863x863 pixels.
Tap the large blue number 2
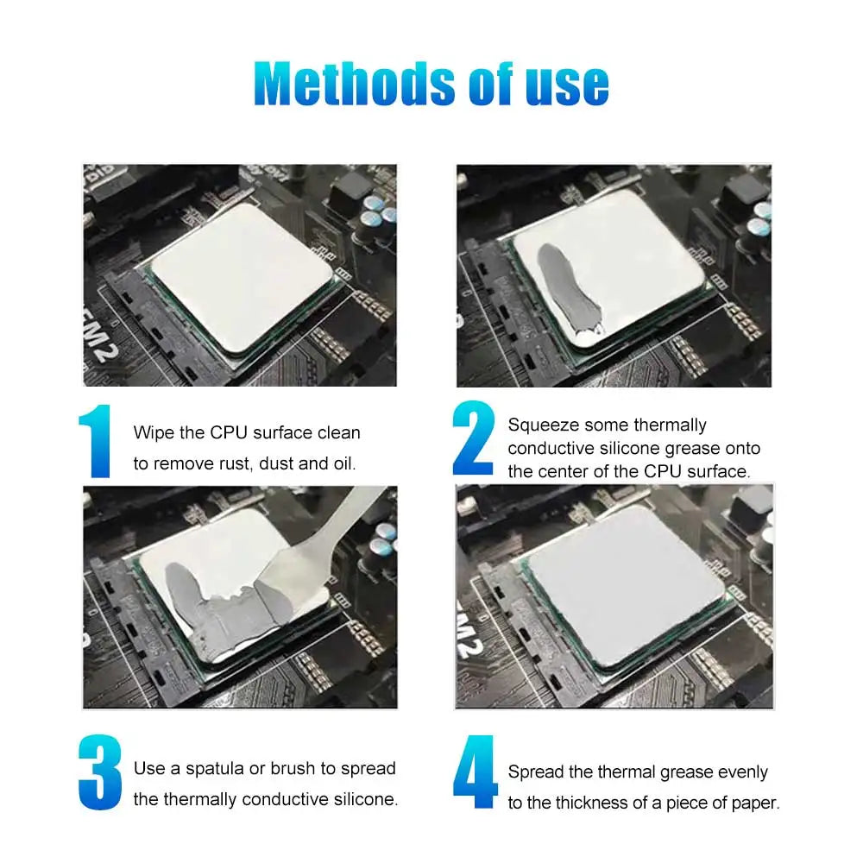[x=474, y=438]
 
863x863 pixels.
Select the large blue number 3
[x=99, y=773]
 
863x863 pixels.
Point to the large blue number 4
[x=476, y=773]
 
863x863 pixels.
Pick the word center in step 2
[x=587, y=471]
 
